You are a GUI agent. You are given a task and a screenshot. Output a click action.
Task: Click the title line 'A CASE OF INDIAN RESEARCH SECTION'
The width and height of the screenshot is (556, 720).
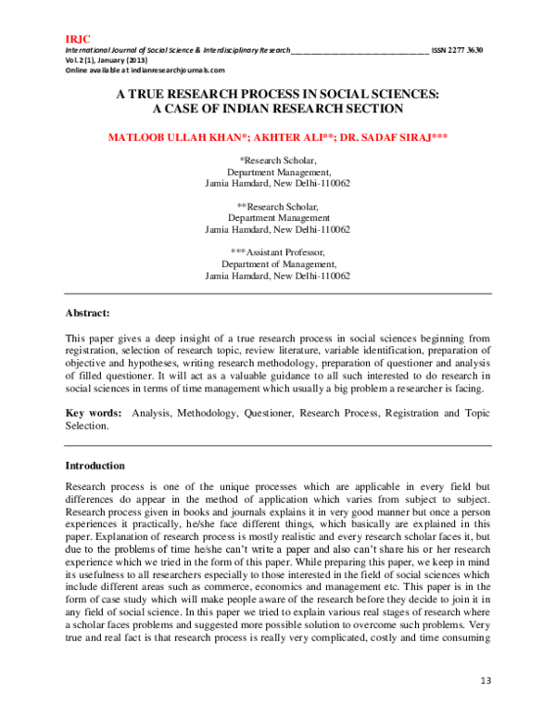277,108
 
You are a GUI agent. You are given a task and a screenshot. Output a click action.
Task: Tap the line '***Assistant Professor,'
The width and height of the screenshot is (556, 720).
277,252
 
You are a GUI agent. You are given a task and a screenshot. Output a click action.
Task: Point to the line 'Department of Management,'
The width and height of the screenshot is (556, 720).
277,264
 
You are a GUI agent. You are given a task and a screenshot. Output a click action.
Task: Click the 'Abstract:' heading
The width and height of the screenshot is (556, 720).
87,313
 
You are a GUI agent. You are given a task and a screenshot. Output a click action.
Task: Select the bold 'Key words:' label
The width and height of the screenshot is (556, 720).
93,412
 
